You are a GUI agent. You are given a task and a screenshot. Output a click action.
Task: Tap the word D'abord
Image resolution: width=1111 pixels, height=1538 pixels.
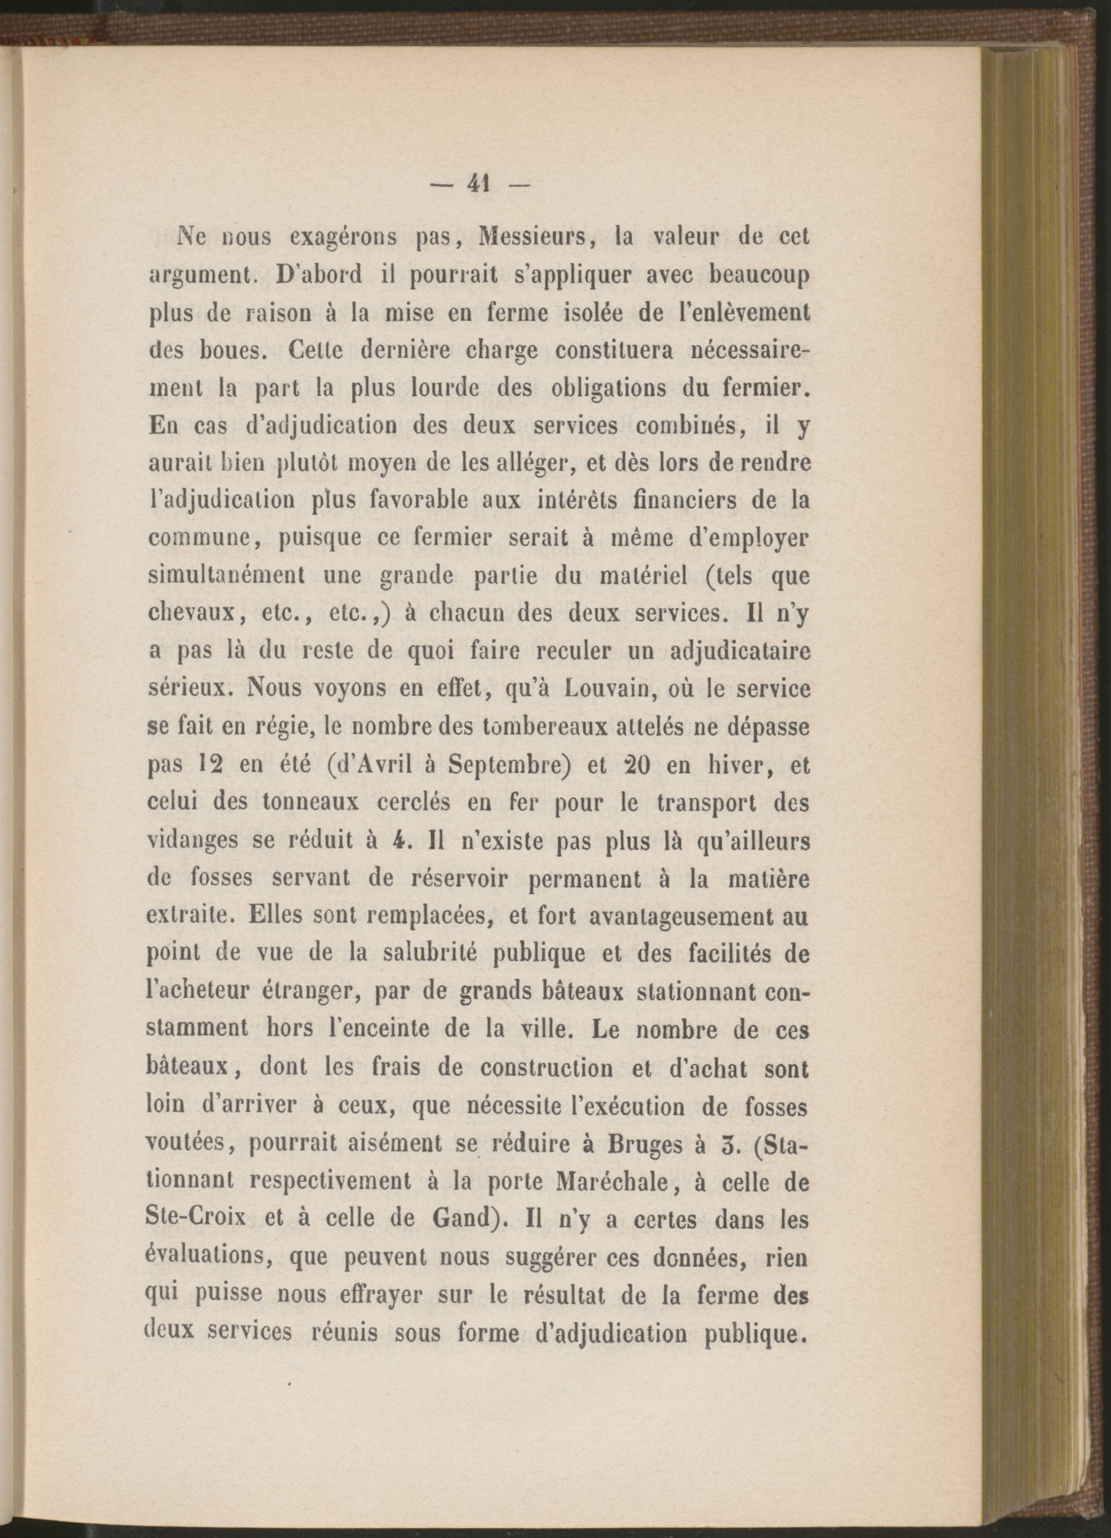click(x=320, y=277)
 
